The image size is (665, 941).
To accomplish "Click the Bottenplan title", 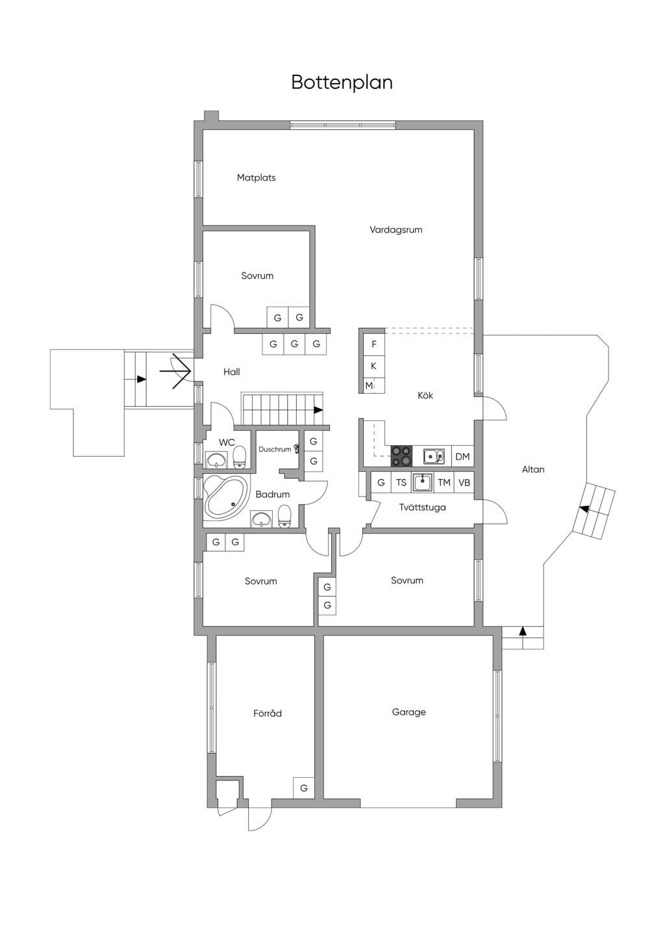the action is pos(342,83).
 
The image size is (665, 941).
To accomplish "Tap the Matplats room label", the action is pos(256,177).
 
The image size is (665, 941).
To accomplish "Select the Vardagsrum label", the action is pos(396,230).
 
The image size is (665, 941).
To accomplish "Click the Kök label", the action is pos(425,395).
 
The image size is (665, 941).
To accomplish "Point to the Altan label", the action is pos(533,469).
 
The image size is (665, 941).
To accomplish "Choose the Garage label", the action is pos(409,712).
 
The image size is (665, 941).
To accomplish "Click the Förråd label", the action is pos(268,713).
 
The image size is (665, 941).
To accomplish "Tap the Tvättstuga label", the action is pos(422,508).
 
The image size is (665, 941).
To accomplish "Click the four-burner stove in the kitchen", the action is pos(401,456).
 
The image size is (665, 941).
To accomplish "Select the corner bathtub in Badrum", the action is pos(225,496).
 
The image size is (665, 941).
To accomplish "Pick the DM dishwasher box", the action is pos(462,456).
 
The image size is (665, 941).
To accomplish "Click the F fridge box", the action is pos(373,344).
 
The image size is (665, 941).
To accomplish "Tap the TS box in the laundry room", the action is pos(401,483).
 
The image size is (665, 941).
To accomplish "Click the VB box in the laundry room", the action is pos(464,483).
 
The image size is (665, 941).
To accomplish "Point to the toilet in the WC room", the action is pos(239,457).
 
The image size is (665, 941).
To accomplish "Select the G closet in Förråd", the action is pos(304,788).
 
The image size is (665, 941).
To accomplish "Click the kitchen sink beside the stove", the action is pos(434,456).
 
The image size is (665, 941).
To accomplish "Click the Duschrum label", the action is pos(275,449).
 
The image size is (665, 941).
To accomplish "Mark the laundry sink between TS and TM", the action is pos(422,482).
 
